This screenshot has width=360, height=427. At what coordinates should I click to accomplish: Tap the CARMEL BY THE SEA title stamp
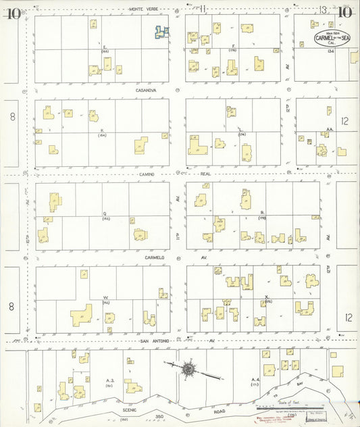(x=328, y=38)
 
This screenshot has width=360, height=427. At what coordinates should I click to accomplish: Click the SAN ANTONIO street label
(x=154, y=341)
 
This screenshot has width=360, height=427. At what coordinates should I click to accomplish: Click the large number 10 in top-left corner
(x=12, y=11)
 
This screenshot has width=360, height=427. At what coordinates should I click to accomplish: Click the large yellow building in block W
(x=81, y=315)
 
